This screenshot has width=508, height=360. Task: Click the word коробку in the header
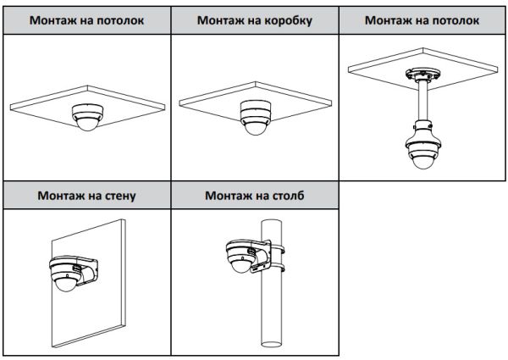click(286, 20)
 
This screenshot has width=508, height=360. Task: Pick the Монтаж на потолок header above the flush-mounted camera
click(85, 20)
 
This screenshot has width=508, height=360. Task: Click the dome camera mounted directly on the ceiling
click(86, 116)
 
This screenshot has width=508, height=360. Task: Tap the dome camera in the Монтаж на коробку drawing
click(254, 119)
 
